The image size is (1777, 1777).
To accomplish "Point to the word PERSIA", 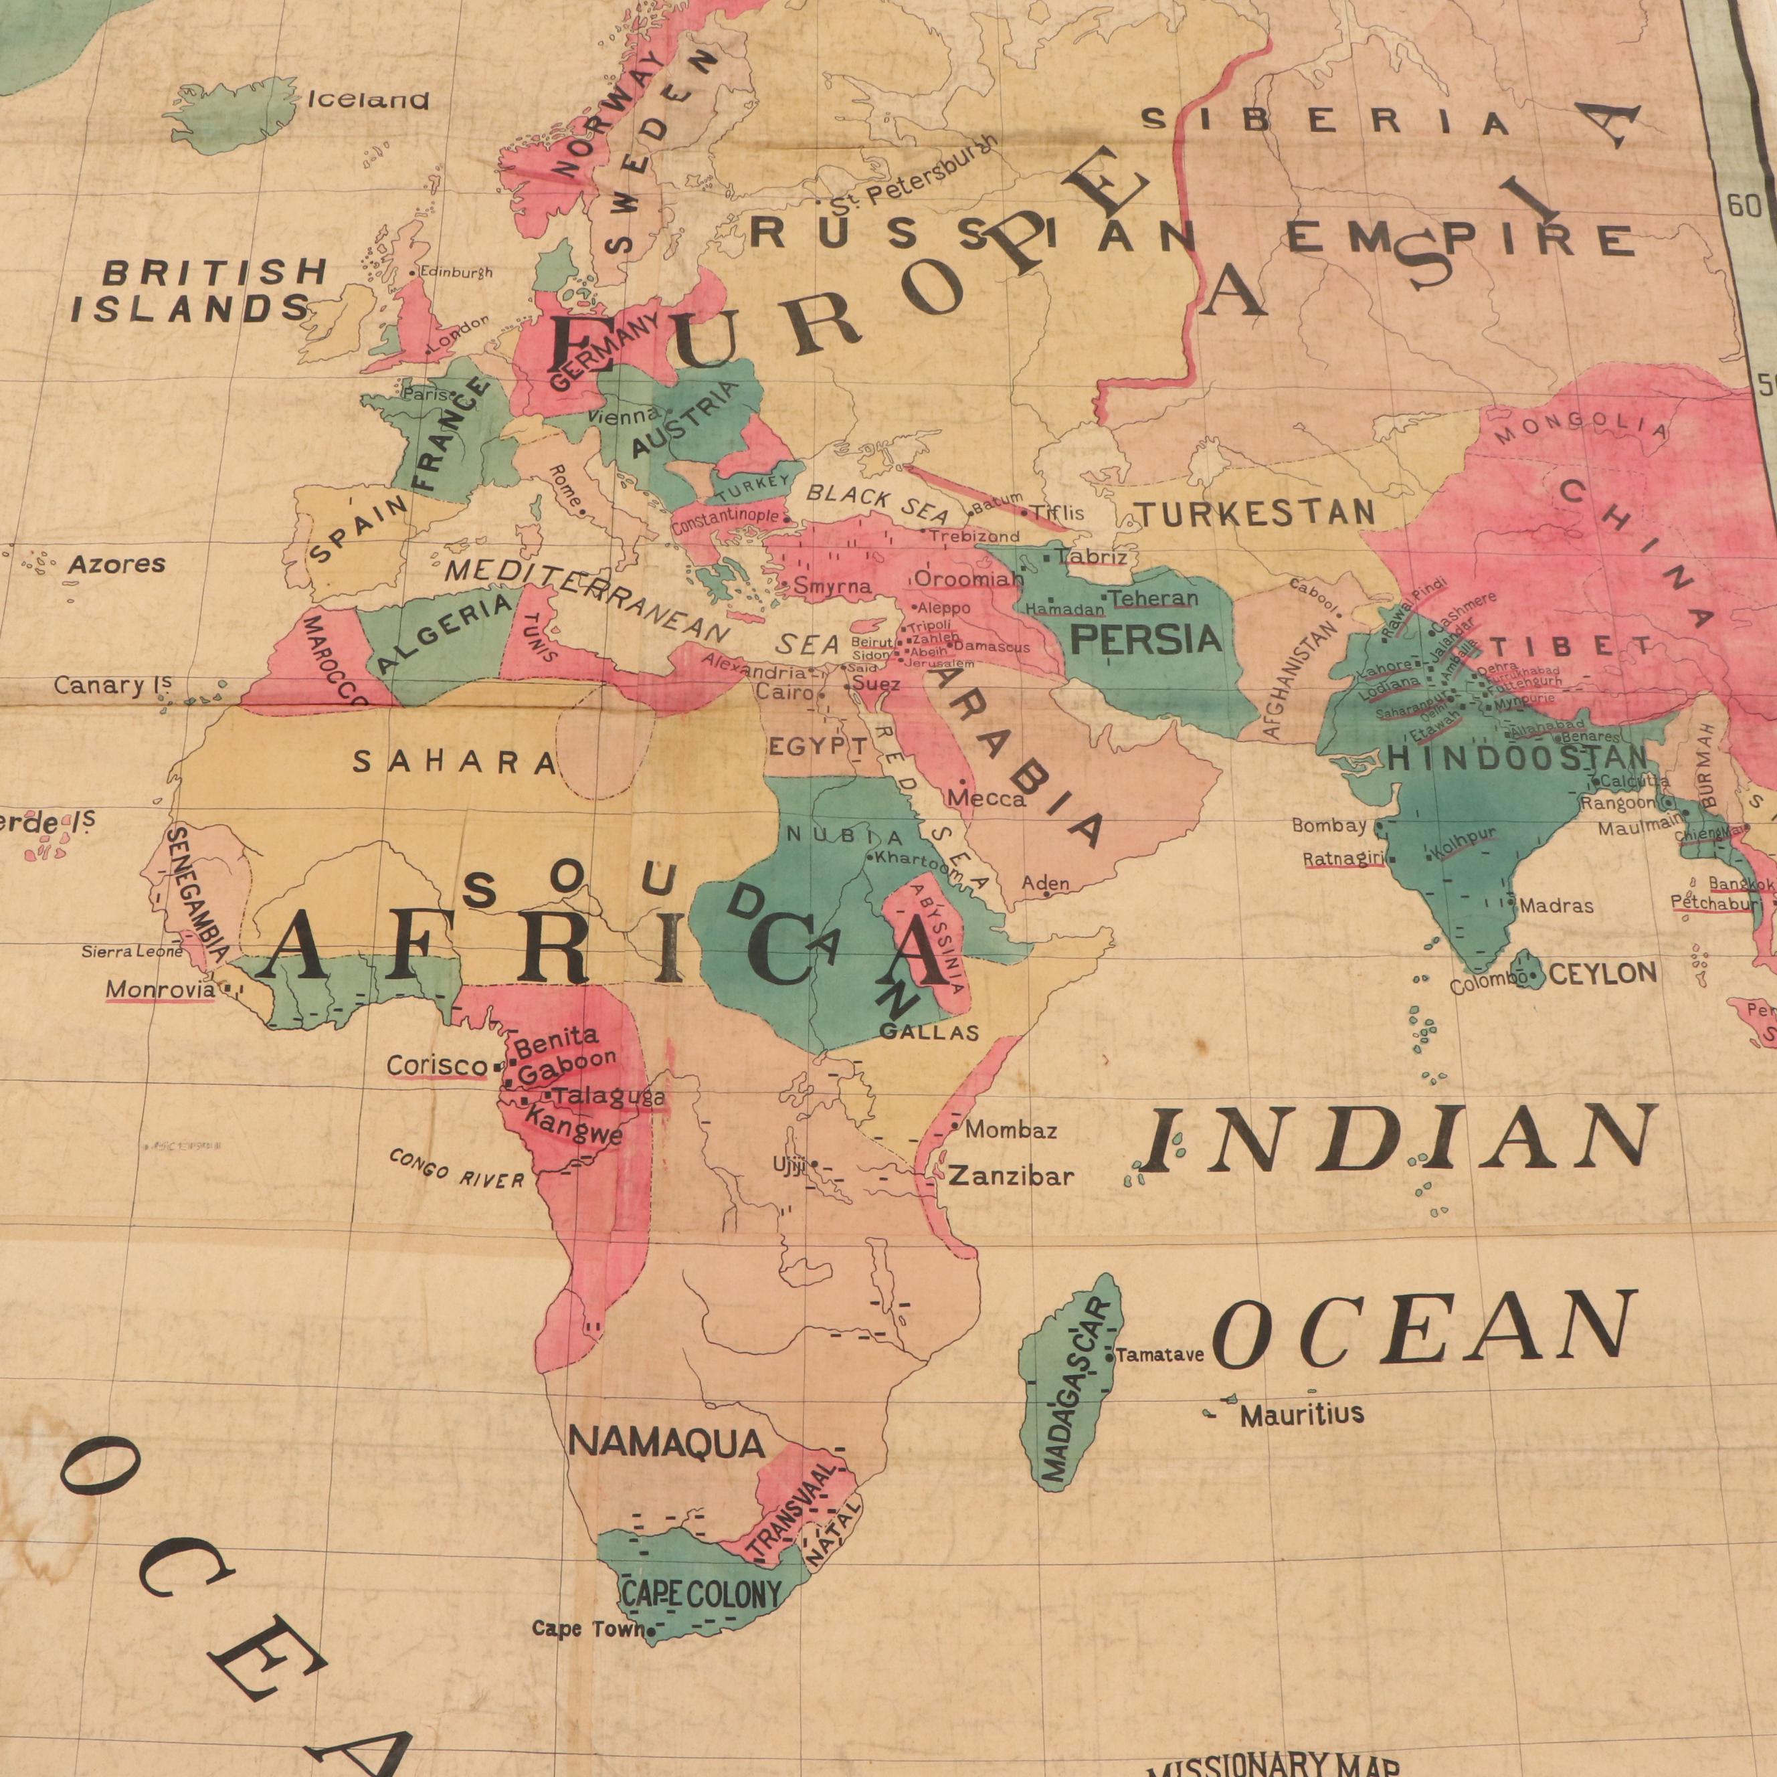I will [x=1147, y=639].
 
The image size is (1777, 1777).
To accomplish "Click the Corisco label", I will [x=437, y=1065].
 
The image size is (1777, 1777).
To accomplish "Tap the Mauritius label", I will [x=1301, y=1414].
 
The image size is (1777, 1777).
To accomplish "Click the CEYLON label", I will [x=1604, y=973].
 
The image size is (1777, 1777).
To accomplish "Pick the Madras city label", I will [x=1556, y=906].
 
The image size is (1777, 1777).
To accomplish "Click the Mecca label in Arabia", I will [x=987, y=798].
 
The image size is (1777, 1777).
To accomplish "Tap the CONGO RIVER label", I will [x=456, y=1168].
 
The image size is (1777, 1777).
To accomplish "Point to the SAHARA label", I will [x=455, y=761].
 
